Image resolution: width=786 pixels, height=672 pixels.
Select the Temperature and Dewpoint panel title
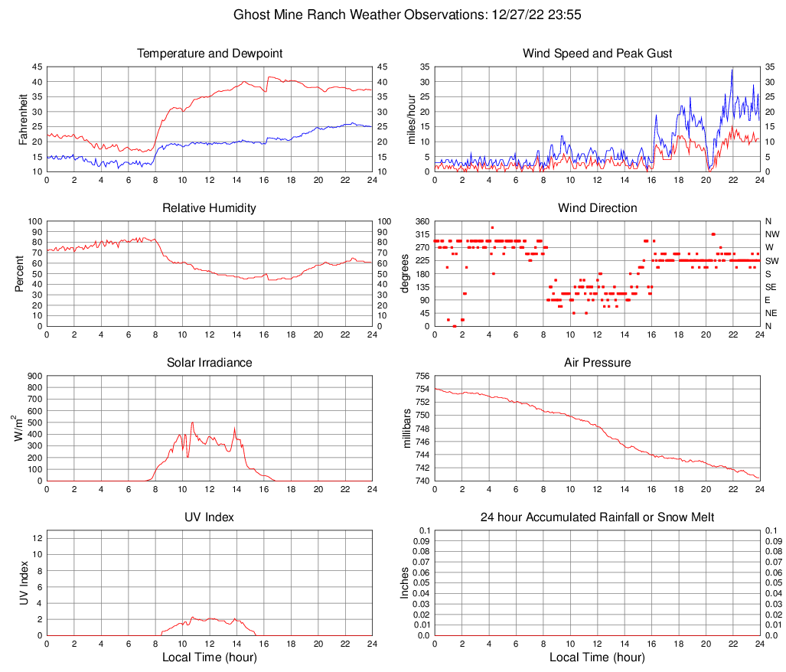tap(210, 54)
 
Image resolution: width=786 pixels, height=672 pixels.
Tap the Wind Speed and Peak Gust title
tap(597, 54)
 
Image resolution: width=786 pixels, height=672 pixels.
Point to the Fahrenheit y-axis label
tap(22, 119)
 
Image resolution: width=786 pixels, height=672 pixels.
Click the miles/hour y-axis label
tap(411, 119)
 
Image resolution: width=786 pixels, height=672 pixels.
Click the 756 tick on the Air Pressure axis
tap(420, 377)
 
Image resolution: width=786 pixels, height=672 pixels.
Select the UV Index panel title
tap(210, 517)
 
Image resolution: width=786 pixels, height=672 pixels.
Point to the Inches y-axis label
tap(405, 583)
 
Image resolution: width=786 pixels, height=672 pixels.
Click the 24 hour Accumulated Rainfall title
tap(597, 517)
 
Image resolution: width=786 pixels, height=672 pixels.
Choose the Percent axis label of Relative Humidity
tap(19, 274)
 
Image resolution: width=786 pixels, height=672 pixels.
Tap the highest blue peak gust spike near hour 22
tap(732, 70)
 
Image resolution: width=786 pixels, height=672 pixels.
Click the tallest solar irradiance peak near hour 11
tap(192, 422)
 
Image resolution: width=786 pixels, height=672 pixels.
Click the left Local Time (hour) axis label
tap(210, 657)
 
